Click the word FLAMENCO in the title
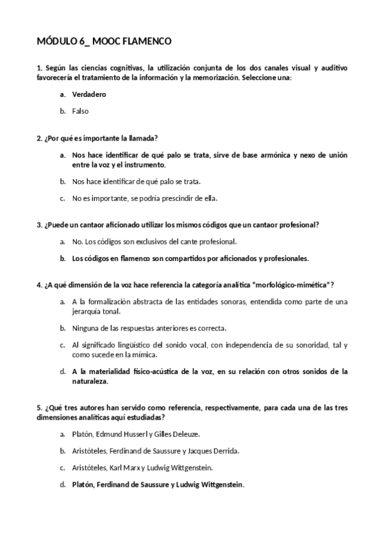(x=145, y=42)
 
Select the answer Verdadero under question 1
(x=89, y=94)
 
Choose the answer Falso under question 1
(x=80, y=111)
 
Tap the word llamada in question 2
(x=144, y=138)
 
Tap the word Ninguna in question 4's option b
(x=86, y=328)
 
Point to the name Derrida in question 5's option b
(x=225, y=451)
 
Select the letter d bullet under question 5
(x=62, y=485)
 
